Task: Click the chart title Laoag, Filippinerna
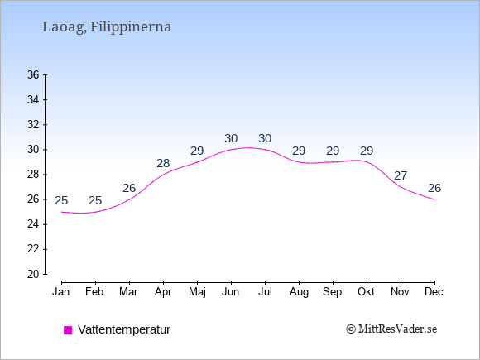click(x=107, y=27)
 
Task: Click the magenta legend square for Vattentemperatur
click(x=68, y=330)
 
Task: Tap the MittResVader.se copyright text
click(x=391, y=329)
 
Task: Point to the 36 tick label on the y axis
click(x=33, y=74)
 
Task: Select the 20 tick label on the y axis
click(x=33, y=274)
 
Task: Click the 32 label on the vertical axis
click(x=33, y=125)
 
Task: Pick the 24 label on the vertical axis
click(x=33, y=224)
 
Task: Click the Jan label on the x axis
click(x=61, y=292)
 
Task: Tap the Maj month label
click(x=197, y=292)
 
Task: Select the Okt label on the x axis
click(x=366, y=292)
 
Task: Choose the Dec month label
click(x=434, y=292)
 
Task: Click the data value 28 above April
click(x=163, y=164)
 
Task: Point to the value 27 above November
click(x=401, y=175)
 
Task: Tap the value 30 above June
click(x=231, y=139)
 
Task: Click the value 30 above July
click(x=265, y=139)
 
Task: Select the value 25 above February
click(x=95, y=200)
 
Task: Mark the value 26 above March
click(x=129, y=188)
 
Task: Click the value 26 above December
click(x=434, y=188)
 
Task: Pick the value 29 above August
click(x=299, y=151)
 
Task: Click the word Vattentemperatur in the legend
click(x=124, y=329)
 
